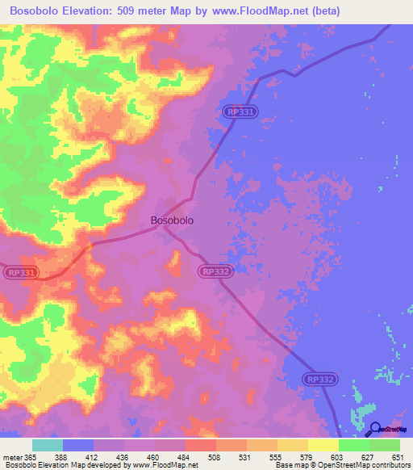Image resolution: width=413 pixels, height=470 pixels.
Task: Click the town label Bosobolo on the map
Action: click(172, 219)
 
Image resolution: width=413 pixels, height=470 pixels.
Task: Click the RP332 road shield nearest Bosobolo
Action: click(215, 273)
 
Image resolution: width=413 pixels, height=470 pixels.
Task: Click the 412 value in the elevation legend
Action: click(93, 456)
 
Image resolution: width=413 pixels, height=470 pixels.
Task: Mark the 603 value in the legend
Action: click(338, 456)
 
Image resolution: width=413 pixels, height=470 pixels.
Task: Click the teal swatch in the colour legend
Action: click(48, 445)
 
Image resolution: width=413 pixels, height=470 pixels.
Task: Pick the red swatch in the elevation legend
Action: click(200, 445)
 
